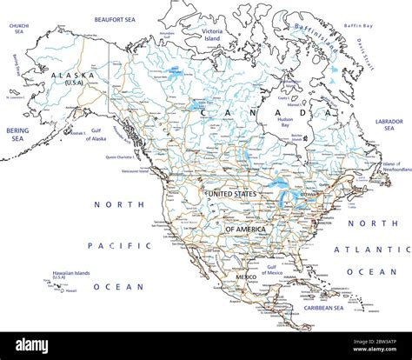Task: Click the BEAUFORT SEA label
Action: click(x=116, y=17)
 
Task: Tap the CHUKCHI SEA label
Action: click(x=17, y=30)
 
